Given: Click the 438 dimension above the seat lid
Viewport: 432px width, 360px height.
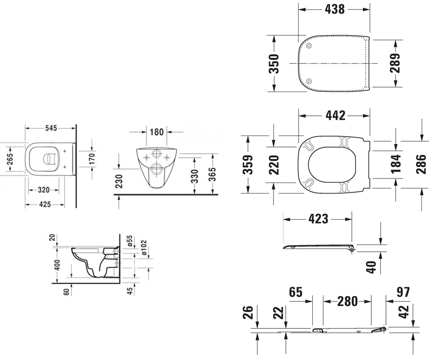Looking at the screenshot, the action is (x=334, y=9).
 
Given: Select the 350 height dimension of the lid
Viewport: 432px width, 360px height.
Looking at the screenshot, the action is (x=274, y=64).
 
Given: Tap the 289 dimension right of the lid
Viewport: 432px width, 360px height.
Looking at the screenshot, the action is (x=395, y=63).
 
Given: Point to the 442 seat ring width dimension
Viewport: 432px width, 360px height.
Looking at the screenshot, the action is (x=336, y=116).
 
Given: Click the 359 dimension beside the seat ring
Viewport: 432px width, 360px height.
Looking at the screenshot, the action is (x=248, y=165).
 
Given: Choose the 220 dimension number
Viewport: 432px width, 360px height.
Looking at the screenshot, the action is (x=274, y=165).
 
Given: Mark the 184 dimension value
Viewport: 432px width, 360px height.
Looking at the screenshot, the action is (x=396, y=163).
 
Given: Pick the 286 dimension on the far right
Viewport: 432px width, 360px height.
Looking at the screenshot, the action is (x=421, y=164).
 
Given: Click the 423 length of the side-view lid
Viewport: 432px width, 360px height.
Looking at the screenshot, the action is (x=318, y=219).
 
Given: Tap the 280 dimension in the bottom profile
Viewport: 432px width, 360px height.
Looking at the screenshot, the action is (x=347, y=301).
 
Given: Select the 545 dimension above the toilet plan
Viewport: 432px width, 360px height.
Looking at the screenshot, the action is (x=51, y=128).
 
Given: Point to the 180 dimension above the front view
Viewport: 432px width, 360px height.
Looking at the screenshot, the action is (x=157, y=132).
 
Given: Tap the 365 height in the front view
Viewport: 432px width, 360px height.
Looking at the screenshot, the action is (x=212, y=174).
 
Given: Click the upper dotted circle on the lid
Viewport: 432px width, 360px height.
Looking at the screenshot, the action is (x=309, y=46).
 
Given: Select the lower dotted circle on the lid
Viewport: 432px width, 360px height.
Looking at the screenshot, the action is (x=309, y=81).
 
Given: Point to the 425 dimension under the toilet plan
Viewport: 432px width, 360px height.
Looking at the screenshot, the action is (x=45, y=204).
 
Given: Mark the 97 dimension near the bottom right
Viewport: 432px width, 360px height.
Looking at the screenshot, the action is (x=403, y=292).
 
